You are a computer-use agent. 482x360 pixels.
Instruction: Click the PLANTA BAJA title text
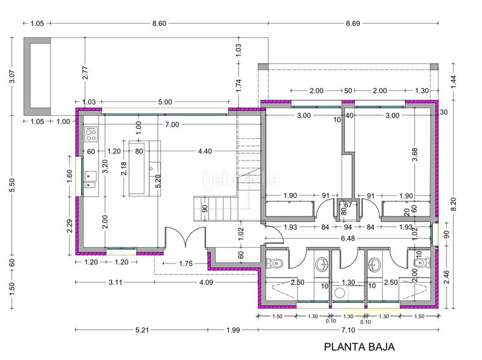click(x=359, y=347)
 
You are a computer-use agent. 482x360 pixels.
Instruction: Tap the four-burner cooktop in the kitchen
click(x=91, y=134)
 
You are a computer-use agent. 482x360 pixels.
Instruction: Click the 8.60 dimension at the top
click(x=159, y=23)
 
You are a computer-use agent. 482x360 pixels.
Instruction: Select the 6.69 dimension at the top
click(x=353, y=23)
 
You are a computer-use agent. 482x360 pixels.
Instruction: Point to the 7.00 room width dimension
click(x=172, y=124)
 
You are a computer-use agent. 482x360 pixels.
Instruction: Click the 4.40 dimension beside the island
click(x=205, y=151)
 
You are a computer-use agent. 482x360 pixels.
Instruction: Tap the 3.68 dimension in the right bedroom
click(x=415, y=154)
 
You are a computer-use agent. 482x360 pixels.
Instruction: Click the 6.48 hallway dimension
click(x=348, y=238)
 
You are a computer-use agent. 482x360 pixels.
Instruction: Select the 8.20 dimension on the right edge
click(x=454, y=204)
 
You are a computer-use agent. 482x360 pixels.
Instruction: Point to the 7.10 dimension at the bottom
click(x=348, y=330)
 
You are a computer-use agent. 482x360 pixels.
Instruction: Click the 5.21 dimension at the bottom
click(x=142, y=330)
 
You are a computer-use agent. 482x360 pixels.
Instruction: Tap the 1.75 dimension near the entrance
click(x=186, y=264)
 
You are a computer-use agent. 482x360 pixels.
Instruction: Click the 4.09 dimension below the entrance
click(x=206, y=282)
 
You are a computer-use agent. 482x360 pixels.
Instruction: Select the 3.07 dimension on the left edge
click(x=12, y=77)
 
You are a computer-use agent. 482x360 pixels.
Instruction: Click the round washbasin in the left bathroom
click(x=322, y=265)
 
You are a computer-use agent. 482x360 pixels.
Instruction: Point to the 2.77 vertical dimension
click(x=86, y=73)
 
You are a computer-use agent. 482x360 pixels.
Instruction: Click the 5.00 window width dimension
click(x=165, y=102)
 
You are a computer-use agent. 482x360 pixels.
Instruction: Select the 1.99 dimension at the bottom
click(x=233, y=330)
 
